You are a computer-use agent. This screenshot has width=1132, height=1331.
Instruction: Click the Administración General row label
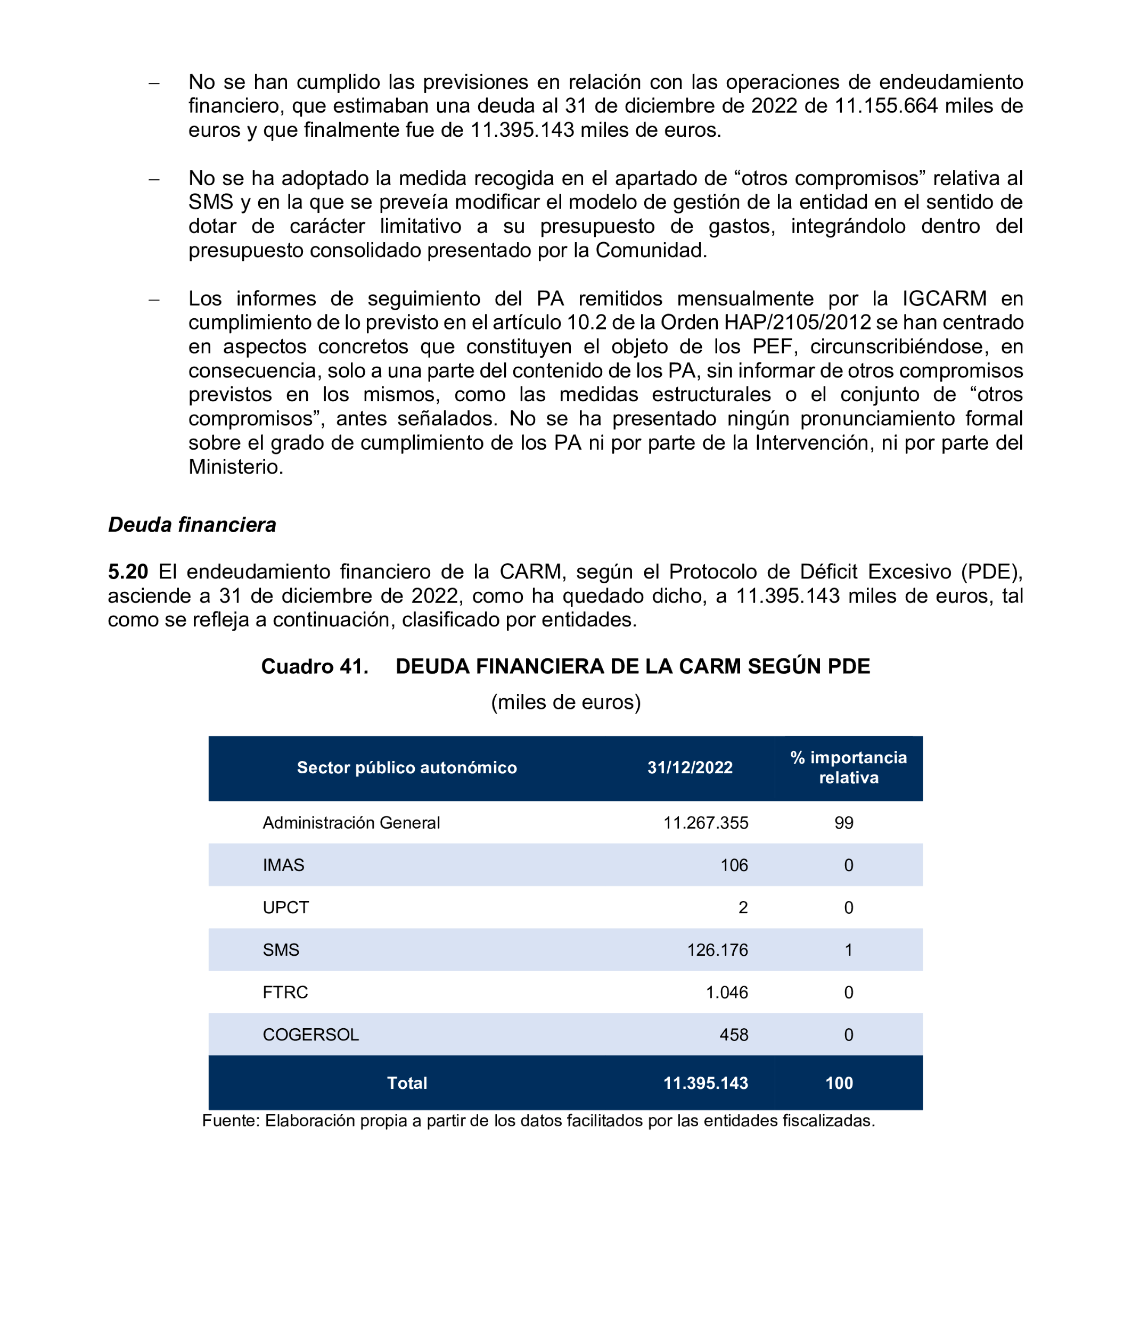[351, 822]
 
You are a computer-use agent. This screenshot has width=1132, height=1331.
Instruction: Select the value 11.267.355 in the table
[706, 822]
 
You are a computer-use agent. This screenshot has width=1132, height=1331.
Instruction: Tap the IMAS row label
[283, 865]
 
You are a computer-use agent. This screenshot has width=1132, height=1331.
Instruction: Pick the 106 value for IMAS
[734, 865]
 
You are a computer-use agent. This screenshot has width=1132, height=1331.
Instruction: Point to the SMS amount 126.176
[717, 949]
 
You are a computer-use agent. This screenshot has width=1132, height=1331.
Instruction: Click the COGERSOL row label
[310, 1034]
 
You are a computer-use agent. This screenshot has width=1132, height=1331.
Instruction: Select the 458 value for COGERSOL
[734, 1034]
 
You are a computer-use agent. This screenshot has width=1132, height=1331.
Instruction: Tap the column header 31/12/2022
[690, 767]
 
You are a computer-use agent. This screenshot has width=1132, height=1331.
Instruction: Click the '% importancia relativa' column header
[848, 767]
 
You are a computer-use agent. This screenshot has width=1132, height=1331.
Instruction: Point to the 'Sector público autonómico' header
[407, 767]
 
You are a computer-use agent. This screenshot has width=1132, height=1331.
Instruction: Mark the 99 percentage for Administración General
[844, 822]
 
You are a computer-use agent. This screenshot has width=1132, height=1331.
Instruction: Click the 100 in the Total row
[839, 1083]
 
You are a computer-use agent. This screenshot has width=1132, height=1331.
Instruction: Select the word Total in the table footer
[407, 1083]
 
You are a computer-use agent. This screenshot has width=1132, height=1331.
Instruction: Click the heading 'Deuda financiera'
[192, 524]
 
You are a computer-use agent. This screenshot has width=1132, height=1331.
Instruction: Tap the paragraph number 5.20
[128, 571]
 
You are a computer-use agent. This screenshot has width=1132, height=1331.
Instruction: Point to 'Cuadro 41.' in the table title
[315, 666]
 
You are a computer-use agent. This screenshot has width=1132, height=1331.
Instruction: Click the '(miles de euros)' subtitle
[565, 702]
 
